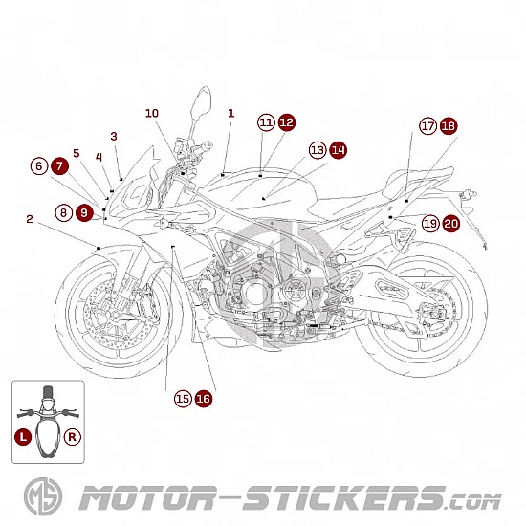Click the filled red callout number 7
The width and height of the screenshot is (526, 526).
coord(60,166)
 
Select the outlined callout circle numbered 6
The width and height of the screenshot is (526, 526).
coord(39,166)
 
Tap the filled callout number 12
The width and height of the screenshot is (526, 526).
coord(287,122)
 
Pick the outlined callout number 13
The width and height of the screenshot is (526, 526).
coord(318,150)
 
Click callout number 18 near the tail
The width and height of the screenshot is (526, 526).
coord(449,126)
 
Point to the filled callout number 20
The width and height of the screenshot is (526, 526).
coord(451,224)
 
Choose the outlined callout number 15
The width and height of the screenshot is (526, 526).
coord(183,399)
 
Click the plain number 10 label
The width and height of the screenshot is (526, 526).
coord(152,113)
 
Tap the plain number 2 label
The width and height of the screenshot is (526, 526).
coord(30,219)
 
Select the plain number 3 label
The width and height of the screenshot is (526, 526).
coord(114,136)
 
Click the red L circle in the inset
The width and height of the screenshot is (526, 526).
coord(23,437)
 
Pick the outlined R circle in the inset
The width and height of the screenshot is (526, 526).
coord(72,437)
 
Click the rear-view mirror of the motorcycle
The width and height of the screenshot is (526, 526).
coord(201,101)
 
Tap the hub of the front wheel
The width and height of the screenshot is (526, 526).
coord(116,315)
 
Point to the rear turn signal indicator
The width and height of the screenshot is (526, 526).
coord(469,193)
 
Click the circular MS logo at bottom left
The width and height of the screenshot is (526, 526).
coord(43,496)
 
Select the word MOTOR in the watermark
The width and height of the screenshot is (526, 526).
coord(148,497)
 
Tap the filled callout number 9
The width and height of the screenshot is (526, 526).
coord(84,212)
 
